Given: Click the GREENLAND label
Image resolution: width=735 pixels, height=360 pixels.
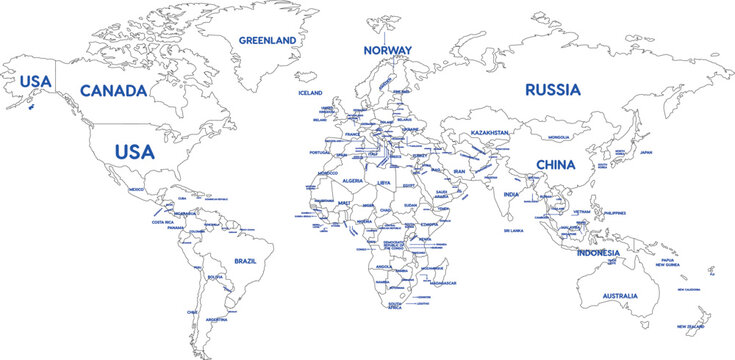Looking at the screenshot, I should tap(267, 40).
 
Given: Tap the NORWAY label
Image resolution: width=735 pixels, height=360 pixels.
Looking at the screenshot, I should tap(387, 50).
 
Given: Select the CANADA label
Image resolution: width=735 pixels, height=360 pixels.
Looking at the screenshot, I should tap(113, 91).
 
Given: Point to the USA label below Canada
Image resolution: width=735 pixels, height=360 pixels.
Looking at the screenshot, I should tap(134, 152).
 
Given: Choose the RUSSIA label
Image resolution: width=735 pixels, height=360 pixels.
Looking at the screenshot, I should tap(552, 89).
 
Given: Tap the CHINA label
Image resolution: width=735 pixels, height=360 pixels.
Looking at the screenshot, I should tap(555, 164).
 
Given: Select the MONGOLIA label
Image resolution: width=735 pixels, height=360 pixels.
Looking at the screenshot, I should tap(559, 137).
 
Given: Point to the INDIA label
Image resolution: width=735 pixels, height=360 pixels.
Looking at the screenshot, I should tap(511, 195).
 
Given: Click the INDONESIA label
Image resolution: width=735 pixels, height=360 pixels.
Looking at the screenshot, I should tap(598, 253).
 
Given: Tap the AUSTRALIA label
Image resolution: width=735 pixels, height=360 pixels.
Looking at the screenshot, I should tap(621, 297).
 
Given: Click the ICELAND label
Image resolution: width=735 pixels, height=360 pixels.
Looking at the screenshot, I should tap(310, 93).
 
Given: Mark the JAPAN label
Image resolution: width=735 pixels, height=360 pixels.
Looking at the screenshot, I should tap(646, 153).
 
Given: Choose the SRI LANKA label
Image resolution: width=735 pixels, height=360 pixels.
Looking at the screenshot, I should tap(514, 230).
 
